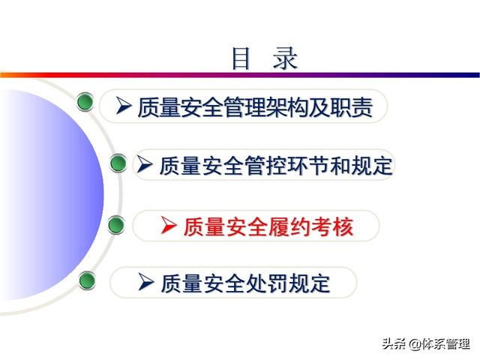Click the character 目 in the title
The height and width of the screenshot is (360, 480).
point(241,58)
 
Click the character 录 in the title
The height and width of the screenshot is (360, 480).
point(285,58)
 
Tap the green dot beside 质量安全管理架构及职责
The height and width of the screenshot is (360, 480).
point(85,102)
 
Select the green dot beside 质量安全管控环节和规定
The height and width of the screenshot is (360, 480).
point(118,163)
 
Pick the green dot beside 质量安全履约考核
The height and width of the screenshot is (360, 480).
point(116,225)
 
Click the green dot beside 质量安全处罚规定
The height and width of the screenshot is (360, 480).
point(87,280)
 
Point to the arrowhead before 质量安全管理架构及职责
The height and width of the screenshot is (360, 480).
point(124,106)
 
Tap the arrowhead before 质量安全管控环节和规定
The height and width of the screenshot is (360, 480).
point(144,163)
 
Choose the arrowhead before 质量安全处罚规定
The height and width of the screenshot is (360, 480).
point(145,282)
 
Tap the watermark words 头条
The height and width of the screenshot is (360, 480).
point(394,343)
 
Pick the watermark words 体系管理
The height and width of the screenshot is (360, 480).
point(445,343)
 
